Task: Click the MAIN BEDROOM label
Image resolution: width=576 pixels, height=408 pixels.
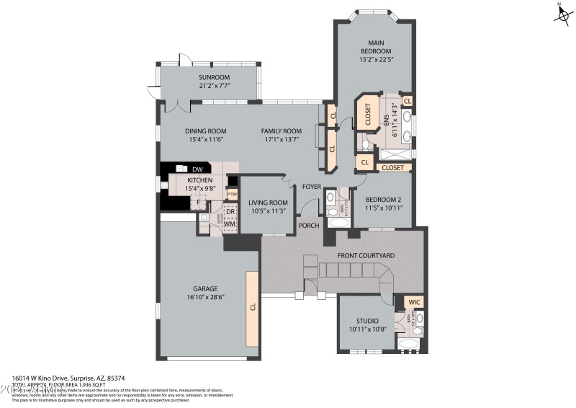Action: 375,47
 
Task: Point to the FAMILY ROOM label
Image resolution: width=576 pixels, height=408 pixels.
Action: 281,130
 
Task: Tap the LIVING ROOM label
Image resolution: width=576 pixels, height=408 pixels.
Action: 268,203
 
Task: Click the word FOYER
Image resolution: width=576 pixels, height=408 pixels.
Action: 311,186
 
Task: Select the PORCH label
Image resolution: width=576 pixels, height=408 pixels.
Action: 309,226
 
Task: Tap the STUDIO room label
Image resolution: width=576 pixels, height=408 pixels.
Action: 367,321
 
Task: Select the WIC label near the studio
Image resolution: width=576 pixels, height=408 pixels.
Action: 413,302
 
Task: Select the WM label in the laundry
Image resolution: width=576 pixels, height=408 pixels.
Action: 230,224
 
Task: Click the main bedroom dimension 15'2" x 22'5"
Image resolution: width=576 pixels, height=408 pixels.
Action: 375,60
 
